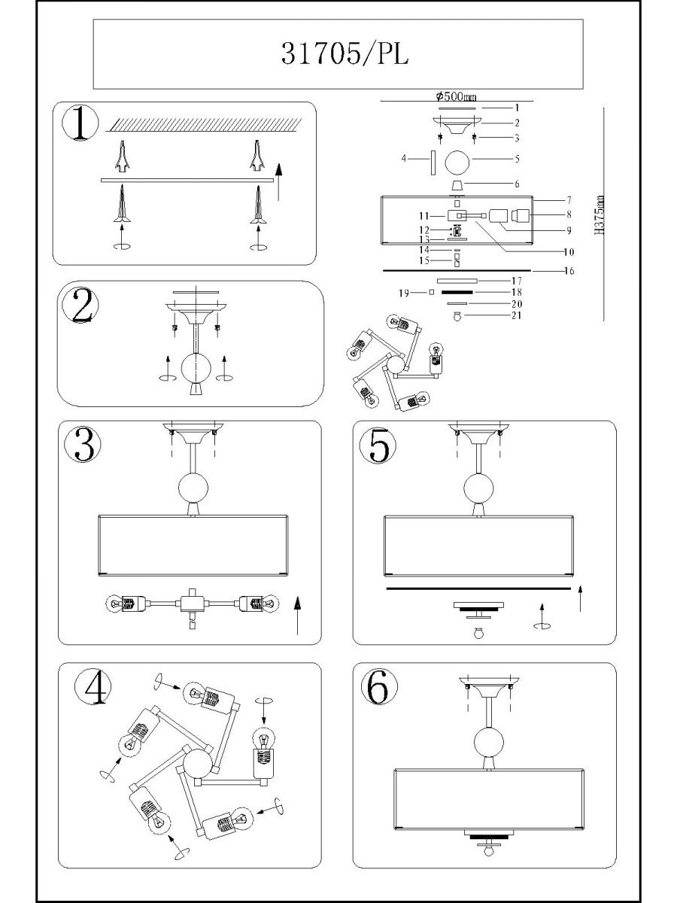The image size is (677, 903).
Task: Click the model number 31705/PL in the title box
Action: (x=345, y=54)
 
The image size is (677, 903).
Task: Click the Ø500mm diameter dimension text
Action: (x=457, y=96)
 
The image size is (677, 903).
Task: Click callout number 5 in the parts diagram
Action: (x=517, y=159)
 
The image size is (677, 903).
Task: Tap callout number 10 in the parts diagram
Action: (x=569, y=252)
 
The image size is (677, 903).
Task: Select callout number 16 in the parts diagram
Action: (x=569, y=271)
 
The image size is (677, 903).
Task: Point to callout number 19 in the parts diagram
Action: (x=404, y=293)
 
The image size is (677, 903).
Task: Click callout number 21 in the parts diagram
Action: (x=517, y=315)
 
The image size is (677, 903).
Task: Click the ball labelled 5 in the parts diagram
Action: (x=457, y=163)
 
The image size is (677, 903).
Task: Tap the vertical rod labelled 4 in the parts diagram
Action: (x=433, y=163)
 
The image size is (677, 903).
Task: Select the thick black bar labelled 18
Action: (x=457, y=292)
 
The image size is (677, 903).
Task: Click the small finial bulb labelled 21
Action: (x=457, y=316)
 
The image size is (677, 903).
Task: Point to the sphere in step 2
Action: (x=196, y=367)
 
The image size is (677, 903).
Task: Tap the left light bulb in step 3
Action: (x=116, y=604)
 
